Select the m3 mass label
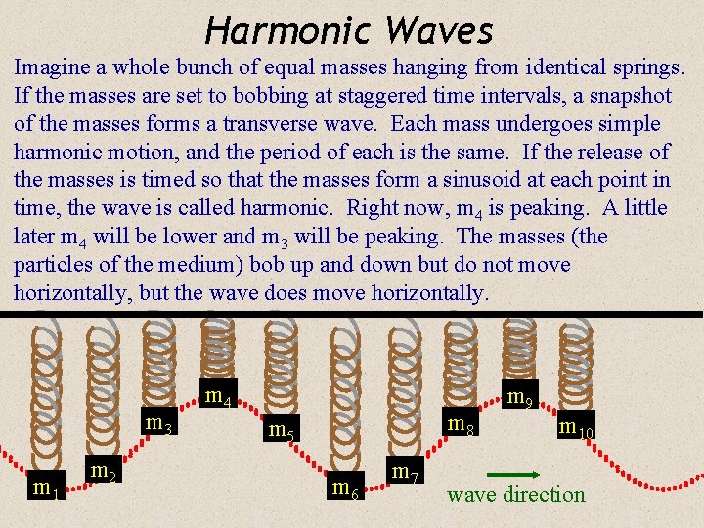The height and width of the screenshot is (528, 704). pyautogui.click(x=158, y=424)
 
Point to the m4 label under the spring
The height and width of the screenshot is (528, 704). pyautogui.click(x=218, y=397)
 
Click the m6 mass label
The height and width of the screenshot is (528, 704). pyautogui.click(x=345, y=487)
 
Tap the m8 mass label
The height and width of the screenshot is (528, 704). pyautogui.click(x=461, y=425)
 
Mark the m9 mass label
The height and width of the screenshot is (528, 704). pyautogui.click(x=518, y=397)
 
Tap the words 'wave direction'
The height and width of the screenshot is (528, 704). pyautogui.click(x=515, y=495)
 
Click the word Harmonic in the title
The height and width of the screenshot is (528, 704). pyautogui.click(x=288, y=31)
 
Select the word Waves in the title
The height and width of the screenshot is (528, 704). pyautogui.click(x=439, y=31)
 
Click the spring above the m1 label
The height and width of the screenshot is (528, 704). pyautogui.click(x=42, y=391)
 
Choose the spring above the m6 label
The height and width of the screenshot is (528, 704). pyautogui.click(x=343, y=391)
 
